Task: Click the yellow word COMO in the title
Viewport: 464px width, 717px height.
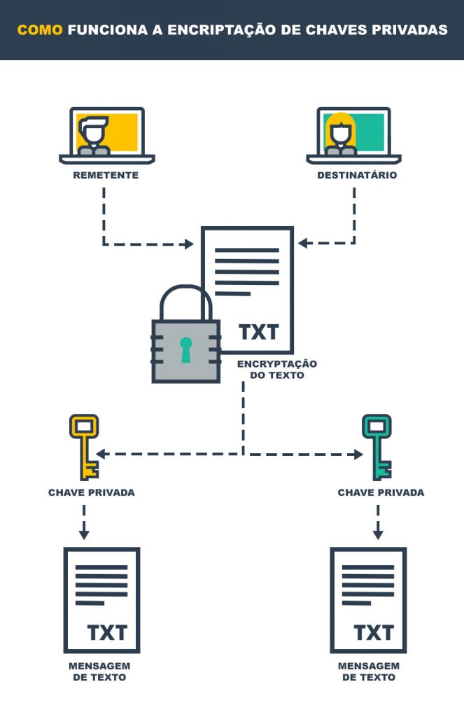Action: point(40,30)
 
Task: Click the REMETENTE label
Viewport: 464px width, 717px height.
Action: point(106,175)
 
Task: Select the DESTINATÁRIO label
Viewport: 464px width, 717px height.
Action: point(357,175)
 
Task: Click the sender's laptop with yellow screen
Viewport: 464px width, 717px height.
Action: point(107,136)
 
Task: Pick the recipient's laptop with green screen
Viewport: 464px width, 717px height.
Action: point(354,136)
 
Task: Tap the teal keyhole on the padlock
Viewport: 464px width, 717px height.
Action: point(185,350)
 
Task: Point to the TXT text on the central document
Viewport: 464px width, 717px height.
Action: point(259,333)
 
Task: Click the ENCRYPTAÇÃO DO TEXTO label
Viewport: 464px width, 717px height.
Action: point(277,370)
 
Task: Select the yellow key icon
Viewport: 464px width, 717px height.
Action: point(84,447)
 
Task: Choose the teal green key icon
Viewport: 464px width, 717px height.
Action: point(377,447)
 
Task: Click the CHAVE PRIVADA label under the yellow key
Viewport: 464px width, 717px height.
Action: point(92,492)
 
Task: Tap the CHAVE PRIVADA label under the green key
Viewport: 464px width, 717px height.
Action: point(381,492)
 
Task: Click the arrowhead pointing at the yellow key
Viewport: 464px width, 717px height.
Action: point(101,454)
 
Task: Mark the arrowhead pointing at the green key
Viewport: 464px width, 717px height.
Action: point(358,454)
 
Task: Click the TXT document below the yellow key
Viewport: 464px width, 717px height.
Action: point(101,600)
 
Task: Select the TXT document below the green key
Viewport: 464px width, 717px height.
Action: point(368,600)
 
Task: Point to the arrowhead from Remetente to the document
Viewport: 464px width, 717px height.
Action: point(188,244)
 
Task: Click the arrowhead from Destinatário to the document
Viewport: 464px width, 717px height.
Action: point(303,243)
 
